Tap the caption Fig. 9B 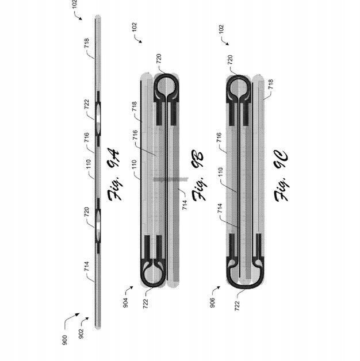tap(198, 175)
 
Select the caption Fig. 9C tap(281, 176)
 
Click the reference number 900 tap(65, 340)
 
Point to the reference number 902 tap(82, 333)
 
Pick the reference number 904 tap(125, 303)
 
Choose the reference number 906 tap(212, 302)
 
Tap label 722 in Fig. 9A tap(87, 104)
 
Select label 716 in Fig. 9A tap(87, 137)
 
